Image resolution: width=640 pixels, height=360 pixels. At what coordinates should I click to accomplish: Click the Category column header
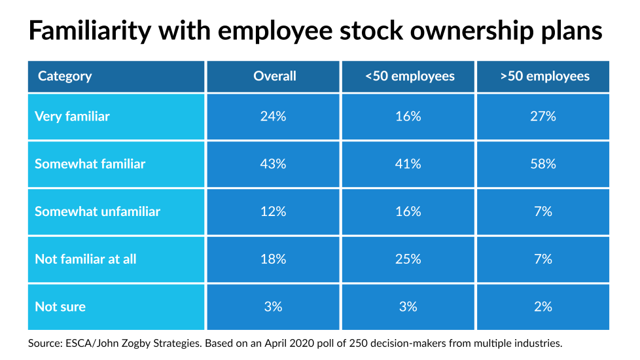pyautogui.click(x=65, y=77)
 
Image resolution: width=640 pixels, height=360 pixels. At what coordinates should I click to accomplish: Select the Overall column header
pyautogui.click(x=275, y=77)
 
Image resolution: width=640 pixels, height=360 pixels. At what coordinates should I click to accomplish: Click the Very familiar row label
pyautogui.click(x=72, y=117)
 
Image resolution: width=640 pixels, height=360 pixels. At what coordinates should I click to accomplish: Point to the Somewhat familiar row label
pyautogui.click(x=90, y=164)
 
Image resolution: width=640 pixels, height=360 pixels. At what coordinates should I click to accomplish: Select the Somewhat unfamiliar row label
pyautogui.click(x=98, y=211)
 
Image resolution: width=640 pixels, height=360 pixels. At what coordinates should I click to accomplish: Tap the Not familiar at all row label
pyautogui.click(x=86, y=259)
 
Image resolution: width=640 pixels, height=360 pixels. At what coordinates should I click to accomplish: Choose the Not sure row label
pyautogui.click(x=60, y=306)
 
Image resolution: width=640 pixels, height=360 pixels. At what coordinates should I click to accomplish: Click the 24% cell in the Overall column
pyautogui.click(x=275, y=117)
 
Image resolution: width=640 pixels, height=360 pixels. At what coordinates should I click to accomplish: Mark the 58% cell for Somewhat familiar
pyautogui.click(x=543, y=164)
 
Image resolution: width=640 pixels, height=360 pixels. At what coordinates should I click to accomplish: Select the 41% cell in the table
pyautogui.click(x=408, y=164)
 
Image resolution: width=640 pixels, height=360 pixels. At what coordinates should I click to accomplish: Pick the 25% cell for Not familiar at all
pyautogui.click(x=408, y=259)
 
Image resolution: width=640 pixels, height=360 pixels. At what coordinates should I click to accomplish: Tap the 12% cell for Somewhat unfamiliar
pyautogui.click(x=275, y=211)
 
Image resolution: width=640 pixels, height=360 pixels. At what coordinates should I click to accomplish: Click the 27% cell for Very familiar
pyautogui.click(x=543, y=117)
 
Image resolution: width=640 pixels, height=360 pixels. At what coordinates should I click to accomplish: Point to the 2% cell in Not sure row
pyautogui.click(x=543, y=306)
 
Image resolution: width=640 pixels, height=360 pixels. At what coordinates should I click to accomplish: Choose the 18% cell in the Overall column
pyautogui.click(x=275, y=259)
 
